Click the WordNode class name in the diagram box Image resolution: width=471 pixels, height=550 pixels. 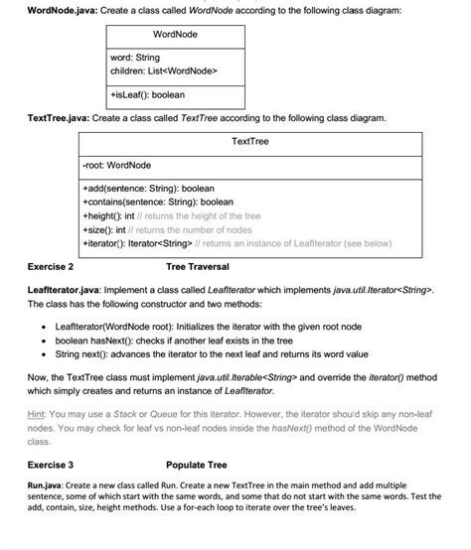(x=175, y=35)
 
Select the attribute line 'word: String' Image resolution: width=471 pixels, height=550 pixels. (x=134, y=60)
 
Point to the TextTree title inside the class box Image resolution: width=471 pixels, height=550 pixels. (x=249, y=142)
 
